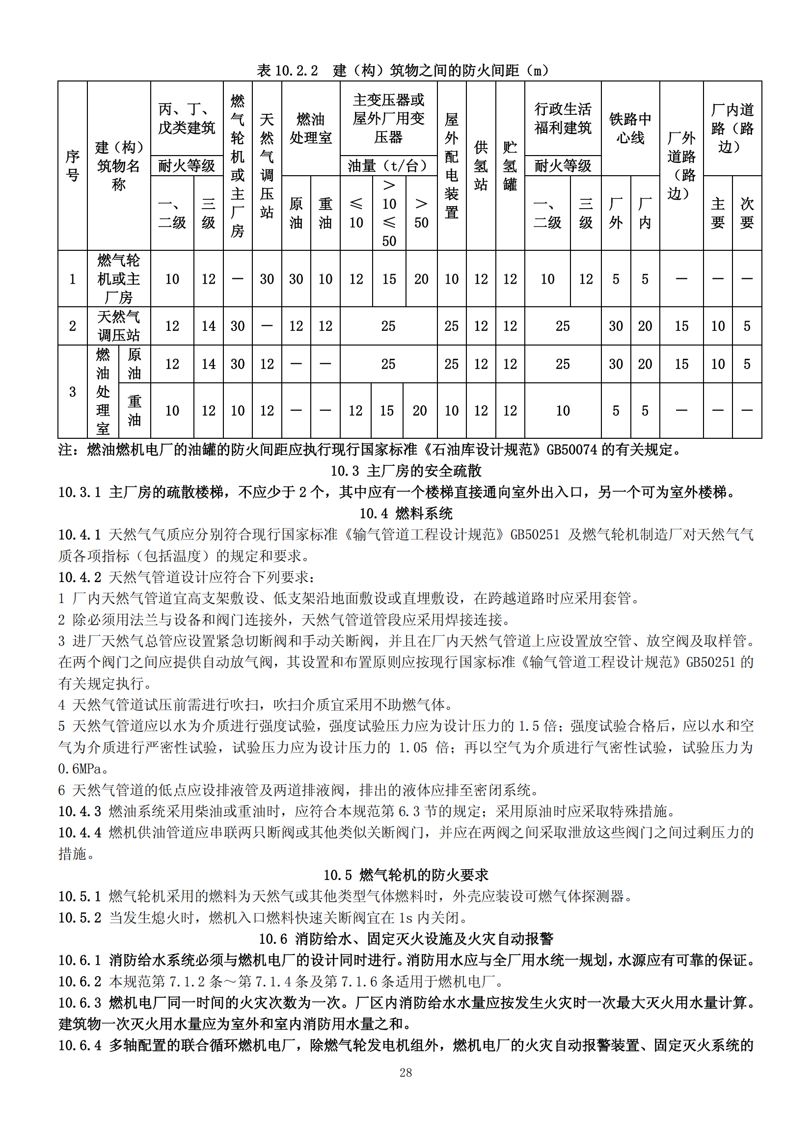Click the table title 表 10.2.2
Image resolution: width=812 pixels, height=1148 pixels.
pos(287,71)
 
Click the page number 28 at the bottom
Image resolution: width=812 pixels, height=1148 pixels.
pos(406,1072)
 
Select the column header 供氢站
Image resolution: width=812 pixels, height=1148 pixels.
pos(481,165)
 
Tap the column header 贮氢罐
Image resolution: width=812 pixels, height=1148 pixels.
pos(510,165)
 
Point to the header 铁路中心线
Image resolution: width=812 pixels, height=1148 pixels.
pos(630,128)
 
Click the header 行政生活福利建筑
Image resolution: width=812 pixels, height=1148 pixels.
pos(563,118)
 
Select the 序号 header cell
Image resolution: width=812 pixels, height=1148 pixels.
pos(73,165)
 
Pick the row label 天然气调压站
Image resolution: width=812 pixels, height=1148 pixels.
pos(118,325)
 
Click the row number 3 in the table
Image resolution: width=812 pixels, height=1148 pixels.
pos(73,392)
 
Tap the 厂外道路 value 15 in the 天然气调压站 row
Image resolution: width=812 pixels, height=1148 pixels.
pos(681,326)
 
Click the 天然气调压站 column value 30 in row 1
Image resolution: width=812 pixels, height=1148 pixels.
pos(267,279)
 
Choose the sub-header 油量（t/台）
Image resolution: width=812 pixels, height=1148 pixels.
pos(388,165)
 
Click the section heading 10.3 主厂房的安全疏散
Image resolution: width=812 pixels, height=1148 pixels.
pos(406,471)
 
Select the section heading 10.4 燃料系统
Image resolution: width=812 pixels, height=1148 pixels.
pos(406,513)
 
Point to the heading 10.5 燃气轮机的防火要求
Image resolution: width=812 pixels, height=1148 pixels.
pos(406,875)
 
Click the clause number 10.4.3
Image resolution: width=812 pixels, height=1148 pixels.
pos(80,811)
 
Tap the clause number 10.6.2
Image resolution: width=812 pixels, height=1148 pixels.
pos(80,981)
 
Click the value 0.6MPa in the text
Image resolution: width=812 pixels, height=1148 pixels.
pos(80,769)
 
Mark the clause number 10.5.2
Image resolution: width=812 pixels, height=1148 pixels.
pos(80,917)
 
